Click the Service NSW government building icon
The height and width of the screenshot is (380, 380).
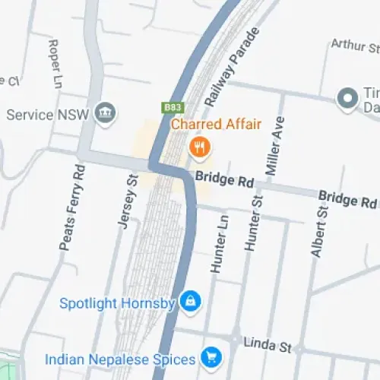click(105, 114)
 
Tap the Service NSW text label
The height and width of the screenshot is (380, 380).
click(48, 115)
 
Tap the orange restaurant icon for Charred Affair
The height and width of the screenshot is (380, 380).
click(199, 146)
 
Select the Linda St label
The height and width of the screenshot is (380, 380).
click(268, 344)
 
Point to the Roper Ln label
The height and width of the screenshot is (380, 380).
click(55, 64)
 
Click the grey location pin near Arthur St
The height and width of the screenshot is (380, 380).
click(348, 98)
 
